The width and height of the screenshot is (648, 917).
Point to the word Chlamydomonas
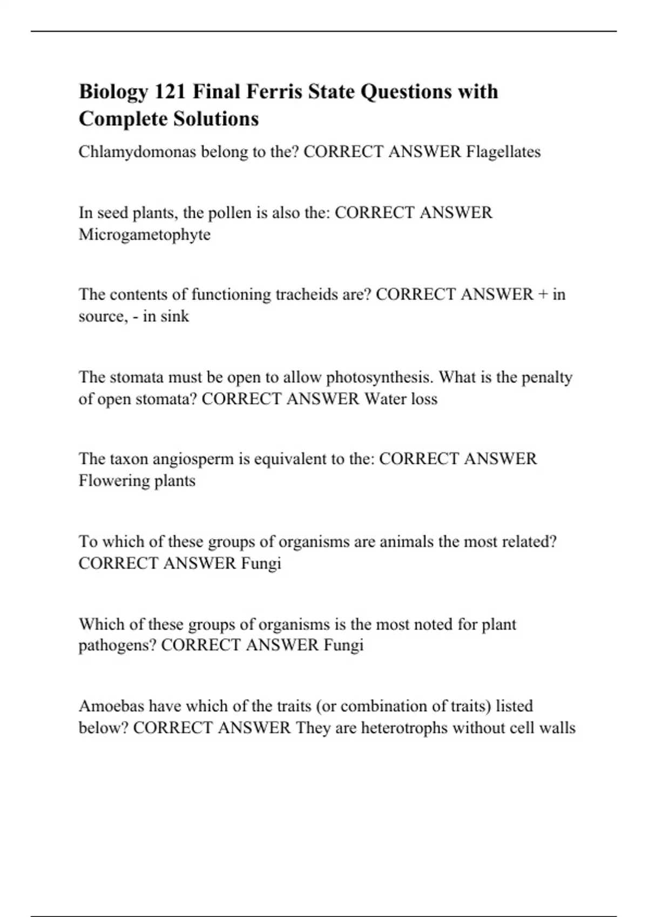click(137, 152)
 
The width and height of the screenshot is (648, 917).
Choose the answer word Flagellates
click(503, 152)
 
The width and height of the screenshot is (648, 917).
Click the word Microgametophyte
click(144, 235)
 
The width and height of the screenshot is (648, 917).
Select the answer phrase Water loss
click(401, 399)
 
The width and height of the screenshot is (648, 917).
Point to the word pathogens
click(117, 645)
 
